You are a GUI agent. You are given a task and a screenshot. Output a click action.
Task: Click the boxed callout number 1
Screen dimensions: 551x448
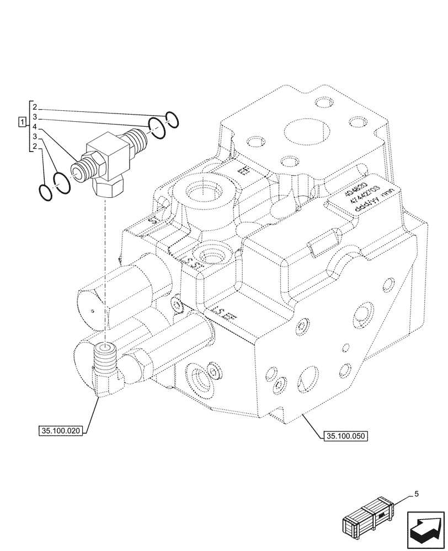pos(22,121)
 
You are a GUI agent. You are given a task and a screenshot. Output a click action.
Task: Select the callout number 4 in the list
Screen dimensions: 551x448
pos(34,126)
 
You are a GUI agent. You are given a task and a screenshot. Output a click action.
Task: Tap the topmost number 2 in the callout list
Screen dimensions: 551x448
pos(34,106)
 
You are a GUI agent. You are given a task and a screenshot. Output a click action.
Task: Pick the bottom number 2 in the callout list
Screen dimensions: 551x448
pos(34,146)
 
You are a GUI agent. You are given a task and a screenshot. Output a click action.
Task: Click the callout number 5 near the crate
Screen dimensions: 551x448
pos(416,494)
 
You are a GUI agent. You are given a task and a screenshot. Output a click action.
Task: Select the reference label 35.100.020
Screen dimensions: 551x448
pos(61,431)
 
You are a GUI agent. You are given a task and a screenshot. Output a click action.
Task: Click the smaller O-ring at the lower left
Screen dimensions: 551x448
pos(45,191)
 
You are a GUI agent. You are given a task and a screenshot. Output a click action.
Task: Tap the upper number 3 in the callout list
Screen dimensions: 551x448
pos(34,117)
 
